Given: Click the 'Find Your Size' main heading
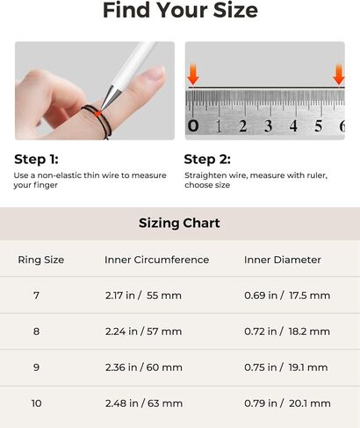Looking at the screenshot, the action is (180, 11).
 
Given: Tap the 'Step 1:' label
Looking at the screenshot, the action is (36, 160).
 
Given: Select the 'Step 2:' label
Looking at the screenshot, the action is (207, 160).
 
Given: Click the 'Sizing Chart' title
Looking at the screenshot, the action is (179, 223).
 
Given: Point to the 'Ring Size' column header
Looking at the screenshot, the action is (41, 260).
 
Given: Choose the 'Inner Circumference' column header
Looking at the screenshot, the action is (157, 260).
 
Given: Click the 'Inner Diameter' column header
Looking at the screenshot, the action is (283, 260).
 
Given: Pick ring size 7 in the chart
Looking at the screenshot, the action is (36, 296).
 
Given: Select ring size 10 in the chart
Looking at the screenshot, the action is (36, 403).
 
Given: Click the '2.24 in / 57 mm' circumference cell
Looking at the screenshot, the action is (144, 332).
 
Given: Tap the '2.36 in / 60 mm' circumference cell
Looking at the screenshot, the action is (144, 367).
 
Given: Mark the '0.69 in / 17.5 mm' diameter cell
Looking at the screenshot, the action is (287, 296).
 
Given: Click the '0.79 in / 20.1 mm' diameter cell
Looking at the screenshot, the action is (287, 403).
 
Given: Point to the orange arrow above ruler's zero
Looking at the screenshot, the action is (193, 75).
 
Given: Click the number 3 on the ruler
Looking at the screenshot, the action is (268, 126).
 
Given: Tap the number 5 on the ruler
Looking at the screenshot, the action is (319, 126).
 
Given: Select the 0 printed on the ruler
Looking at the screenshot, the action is (193, 126).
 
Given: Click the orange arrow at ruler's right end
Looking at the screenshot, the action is (339, 75).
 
